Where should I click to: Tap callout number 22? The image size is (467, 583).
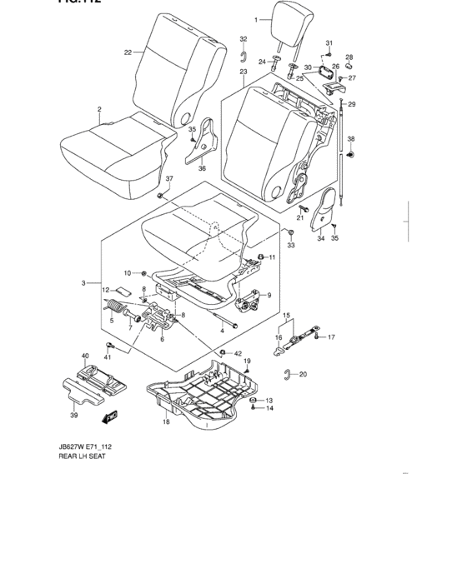pyautogui.click(x=128, y=52)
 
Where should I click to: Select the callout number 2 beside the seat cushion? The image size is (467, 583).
pyautogui.click(x=99, y=109)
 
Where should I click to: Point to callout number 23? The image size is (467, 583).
pyautogui.click(x=244, y=72)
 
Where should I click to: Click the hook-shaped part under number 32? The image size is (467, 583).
pyautogui.click(x=244, y=56)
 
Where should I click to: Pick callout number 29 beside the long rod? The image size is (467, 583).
pyautogui.click(x=351, y=103)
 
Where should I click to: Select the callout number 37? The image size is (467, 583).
pyautogui.click(x=168, y=179)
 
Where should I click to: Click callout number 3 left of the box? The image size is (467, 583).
pyautogui.click(x=84, y=283)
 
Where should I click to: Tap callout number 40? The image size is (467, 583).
pyautogui.click(x=84, y=356)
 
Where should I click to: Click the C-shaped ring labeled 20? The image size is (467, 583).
pyautogui.click(x=287, y=373)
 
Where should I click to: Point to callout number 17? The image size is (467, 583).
pyautogui.click(x=331, y=336)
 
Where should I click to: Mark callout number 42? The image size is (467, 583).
pyautogui.click(x=238, y=354)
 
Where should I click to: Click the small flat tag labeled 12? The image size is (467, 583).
pyautogui.click(x=122, y=291)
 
